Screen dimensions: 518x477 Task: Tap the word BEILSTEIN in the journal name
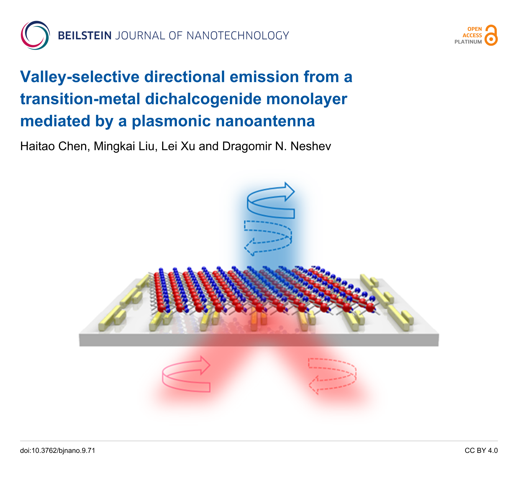pos(85,36)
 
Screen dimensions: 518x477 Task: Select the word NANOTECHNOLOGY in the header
pos(238,36)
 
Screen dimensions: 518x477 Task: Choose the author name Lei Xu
pos(178,146)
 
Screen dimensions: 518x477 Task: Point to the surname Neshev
pos(311,146)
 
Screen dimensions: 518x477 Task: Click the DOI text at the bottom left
pos(58,451)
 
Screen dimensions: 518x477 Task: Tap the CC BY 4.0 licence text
pos(481,451)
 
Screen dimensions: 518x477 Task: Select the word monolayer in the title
pos(307,99)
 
